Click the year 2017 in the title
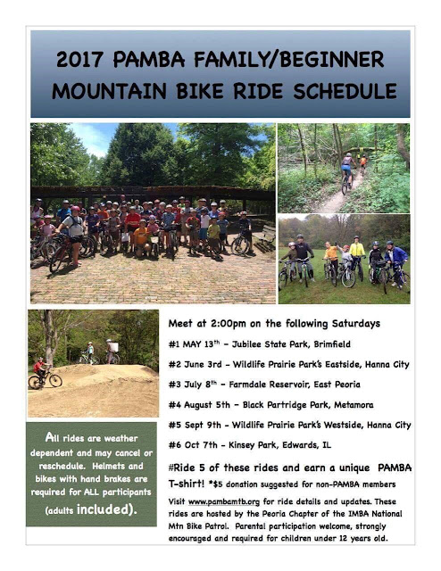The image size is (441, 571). (x=79, y=59)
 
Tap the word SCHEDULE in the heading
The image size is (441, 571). (x=345, y=91)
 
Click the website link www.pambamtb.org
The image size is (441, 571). (x=224, y=501)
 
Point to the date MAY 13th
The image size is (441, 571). (x=201, y=344)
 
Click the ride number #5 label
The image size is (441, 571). (x=174, y=425)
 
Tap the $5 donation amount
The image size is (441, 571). (x=218, y=484)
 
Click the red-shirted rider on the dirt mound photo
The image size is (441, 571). (x=40, y=367)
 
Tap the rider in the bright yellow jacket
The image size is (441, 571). (x=357, y=252)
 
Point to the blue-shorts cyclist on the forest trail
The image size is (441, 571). (x=347, y=168)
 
